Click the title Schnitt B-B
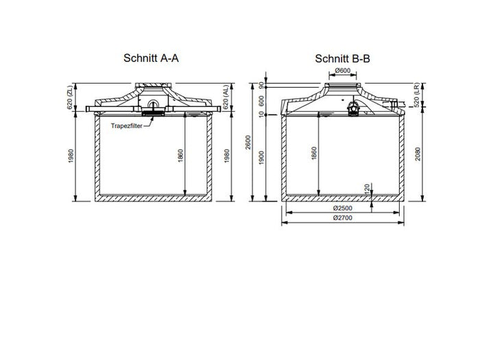pyautogui.click(x=342, y=59)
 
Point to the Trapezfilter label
pyautogui.click(x=128, y=124)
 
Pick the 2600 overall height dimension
pyautogui.click(x=255, y=144)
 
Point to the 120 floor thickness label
pyautogui.click(x=368, y=187)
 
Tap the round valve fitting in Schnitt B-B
pyautogui.click(x=355, y=107)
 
